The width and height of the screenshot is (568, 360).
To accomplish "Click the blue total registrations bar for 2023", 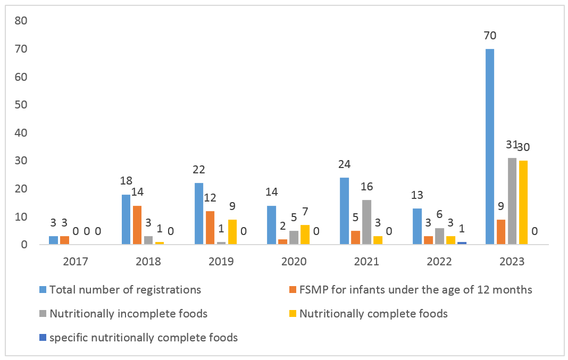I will [x=490, y=147].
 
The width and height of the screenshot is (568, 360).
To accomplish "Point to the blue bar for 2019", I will [x=199, y=214].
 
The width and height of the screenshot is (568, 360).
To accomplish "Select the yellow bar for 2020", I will [x=305, y=235].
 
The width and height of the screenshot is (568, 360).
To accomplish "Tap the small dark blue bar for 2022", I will [x=462, y=243].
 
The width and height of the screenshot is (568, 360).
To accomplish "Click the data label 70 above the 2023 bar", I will [x=490, y=36].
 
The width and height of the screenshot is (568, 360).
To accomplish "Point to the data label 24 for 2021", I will [x=344, y=164].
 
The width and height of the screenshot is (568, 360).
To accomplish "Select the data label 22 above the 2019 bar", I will [x=198, y=170].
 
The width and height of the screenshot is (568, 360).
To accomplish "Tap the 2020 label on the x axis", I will [x=294, y=262].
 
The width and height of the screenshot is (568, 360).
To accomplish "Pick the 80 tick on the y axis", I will [x=21, y=21].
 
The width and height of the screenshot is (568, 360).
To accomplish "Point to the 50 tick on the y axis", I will [x=21, y=105].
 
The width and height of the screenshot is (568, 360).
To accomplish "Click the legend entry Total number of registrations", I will [x=124, y=290].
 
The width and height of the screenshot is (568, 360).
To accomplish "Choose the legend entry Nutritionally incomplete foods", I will [x=128, y=314].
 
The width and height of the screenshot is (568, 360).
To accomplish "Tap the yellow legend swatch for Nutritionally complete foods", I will [x=293, y=314].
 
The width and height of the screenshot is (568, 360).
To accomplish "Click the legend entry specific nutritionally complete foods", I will [x=143, y=337].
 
